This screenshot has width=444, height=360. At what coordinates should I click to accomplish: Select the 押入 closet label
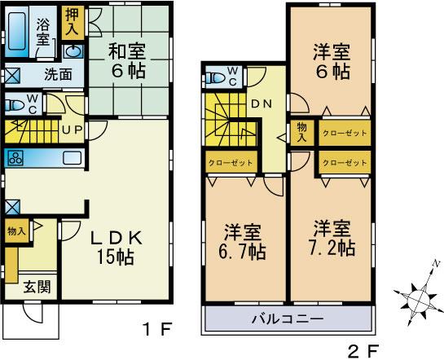pos(72,22)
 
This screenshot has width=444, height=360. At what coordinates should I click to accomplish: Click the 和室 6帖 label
pos(127,60)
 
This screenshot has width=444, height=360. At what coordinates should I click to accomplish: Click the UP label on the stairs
pos(69,129)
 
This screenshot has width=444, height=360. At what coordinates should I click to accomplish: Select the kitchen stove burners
pos(18,157)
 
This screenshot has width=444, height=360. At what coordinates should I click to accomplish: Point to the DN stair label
pos(262,103)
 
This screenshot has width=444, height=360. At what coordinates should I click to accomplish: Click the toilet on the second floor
pos(217,79)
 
